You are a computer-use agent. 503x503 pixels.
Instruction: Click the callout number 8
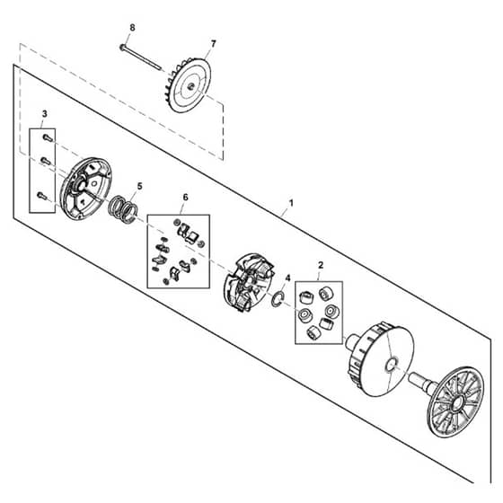[x=132, y=28]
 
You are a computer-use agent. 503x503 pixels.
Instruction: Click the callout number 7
[x=213, y=43]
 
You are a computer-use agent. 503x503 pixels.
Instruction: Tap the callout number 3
[x=44, y=114]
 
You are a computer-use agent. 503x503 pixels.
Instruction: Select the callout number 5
[x=139, y=187]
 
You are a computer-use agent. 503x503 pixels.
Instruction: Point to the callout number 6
[x=185, y=198]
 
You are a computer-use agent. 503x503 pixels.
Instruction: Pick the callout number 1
[x=291, y=203]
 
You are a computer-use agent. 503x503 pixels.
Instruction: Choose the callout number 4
[x=287, y=278]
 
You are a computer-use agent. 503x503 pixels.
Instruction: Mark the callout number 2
[x=320, y=265]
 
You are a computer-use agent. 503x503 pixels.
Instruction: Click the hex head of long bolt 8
[x=122, y=47]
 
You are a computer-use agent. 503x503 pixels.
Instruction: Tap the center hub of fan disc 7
[x=190, y=85]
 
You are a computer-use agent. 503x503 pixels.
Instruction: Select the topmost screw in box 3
[x=48, y=138]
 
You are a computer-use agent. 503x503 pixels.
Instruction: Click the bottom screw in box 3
[x=42, y=196]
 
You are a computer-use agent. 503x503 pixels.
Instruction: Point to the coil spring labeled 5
[x=123, y=209]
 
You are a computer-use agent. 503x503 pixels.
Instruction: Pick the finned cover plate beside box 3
[x=86, y=189]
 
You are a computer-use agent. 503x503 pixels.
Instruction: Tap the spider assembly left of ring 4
[x=248, y=282]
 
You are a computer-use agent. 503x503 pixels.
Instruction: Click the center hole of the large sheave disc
[x=391, y=365]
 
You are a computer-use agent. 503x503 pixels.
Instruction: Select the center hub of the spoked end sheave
[x=456, y=402]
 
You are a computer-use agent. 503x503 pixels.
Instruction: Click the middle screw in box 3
[x=46, y=161]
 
